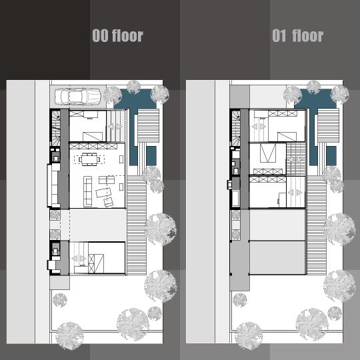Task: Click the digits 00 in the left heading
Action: pos(100,35)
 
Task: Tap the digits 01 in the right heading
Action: pos(279,35)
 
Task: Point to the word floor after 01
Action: pos(308,35)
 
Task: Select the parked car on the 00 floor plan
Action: pos(78,97)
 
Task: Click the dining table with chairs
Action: pos(89,159)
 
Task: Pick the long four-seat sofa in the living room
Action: pos(87,191)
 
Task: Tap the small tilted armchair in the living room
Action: pos(109,202)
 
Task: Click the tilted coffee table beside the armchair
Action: pos(103,193)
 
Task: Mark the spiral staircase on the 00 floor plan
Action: pos(56,128)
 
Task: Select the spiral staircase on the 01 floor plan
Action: pos(236,128)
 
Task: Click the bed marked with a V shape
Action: pos(268,153)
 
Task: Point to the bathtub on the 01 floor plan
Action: pos(235,198)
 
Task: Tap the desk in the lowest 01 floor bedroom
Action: pos(282,200)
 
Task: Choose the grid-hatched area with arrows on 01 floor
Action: pos(296,159)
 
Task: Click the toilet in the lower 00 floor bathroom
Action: pos(55,251)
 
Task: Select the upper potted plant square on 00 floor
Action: pos(55,215)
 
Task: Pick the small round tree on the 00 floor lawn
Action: pos(60,300)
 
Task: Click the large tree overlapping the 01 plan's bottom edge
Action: pos(249,336)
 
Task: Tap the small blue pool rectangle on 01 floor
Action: pos(331,156)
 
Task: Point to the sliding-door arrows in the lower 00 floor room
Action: pos(79,259)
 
